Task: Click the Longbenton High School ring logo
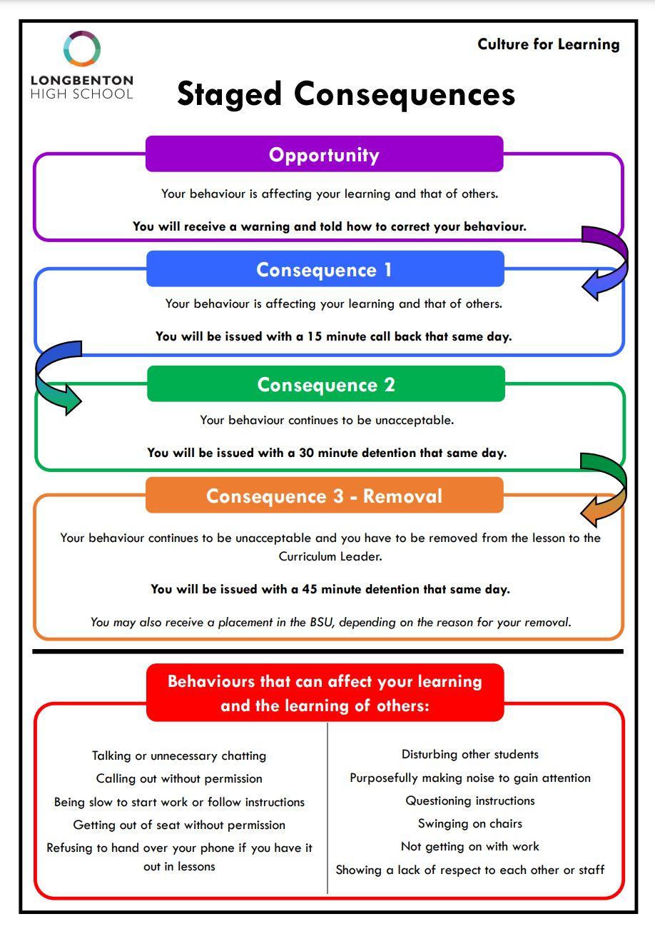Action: (x=81, y=49)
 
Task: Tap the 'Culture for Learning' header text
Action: (x=548, y=44)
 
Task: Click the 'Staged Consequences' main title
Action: (x=345, y=94)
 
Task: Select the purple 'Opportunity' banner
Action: (x=324, y=155)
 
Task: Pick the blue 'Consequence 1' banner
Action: (x=325, y=270)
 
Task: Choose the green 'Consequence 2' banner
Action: (x=325, y=384)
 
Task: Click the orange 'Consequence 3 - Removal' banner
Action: (x=324, y=496)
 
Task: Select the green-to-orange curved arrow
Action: (x=605, y=488)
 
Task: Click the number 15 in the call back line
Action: (x=315, y=336)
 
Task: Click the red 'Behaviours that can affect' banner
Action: (x=325, y=693)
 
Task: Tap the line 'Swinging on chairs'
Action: (x=469, y=823)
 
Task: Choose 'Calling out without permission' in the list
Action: (x=179, y=778)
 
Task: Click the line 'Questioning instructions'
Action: (x=469, y=800)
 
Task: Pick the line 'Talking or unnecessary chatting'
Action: (x=179, y=755)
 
